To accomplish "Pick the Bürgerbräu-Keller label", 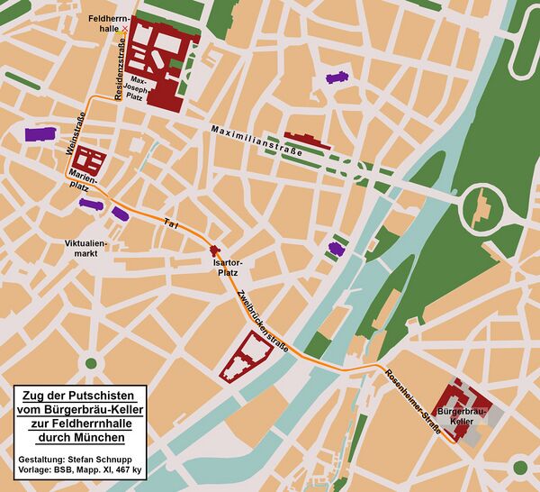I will coord(475,416).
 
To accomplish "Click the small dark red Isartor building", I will coord(214,250).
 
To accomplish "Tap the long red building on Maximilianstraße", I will coord(306,141).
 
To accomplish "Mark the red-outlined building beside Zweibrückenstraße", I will coord(245,358).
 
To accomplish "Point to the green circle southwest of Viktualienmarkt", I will coord(90,364).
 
